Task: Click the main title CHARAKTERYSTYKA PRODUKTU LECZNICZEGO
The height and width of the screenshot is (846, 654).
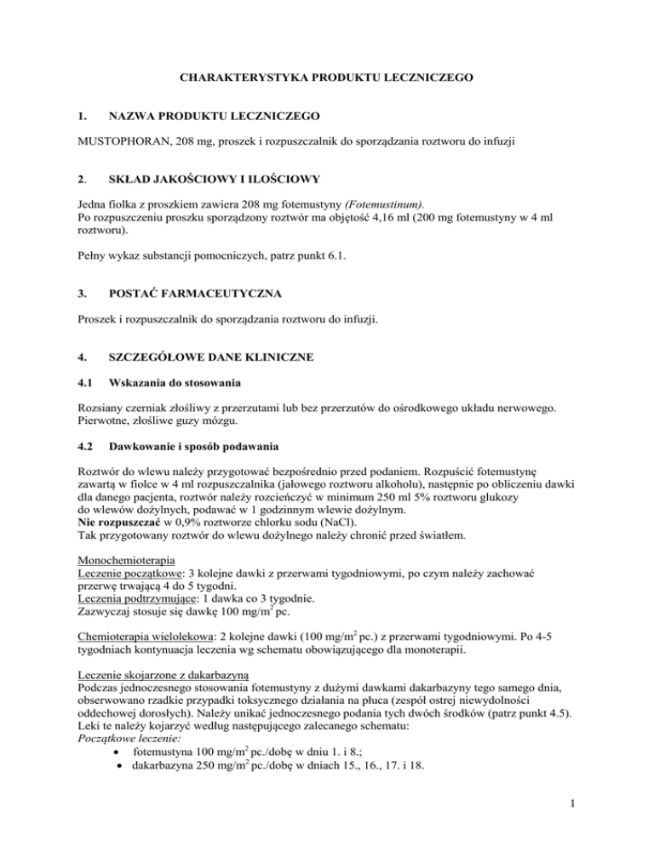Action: [326, 78]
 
